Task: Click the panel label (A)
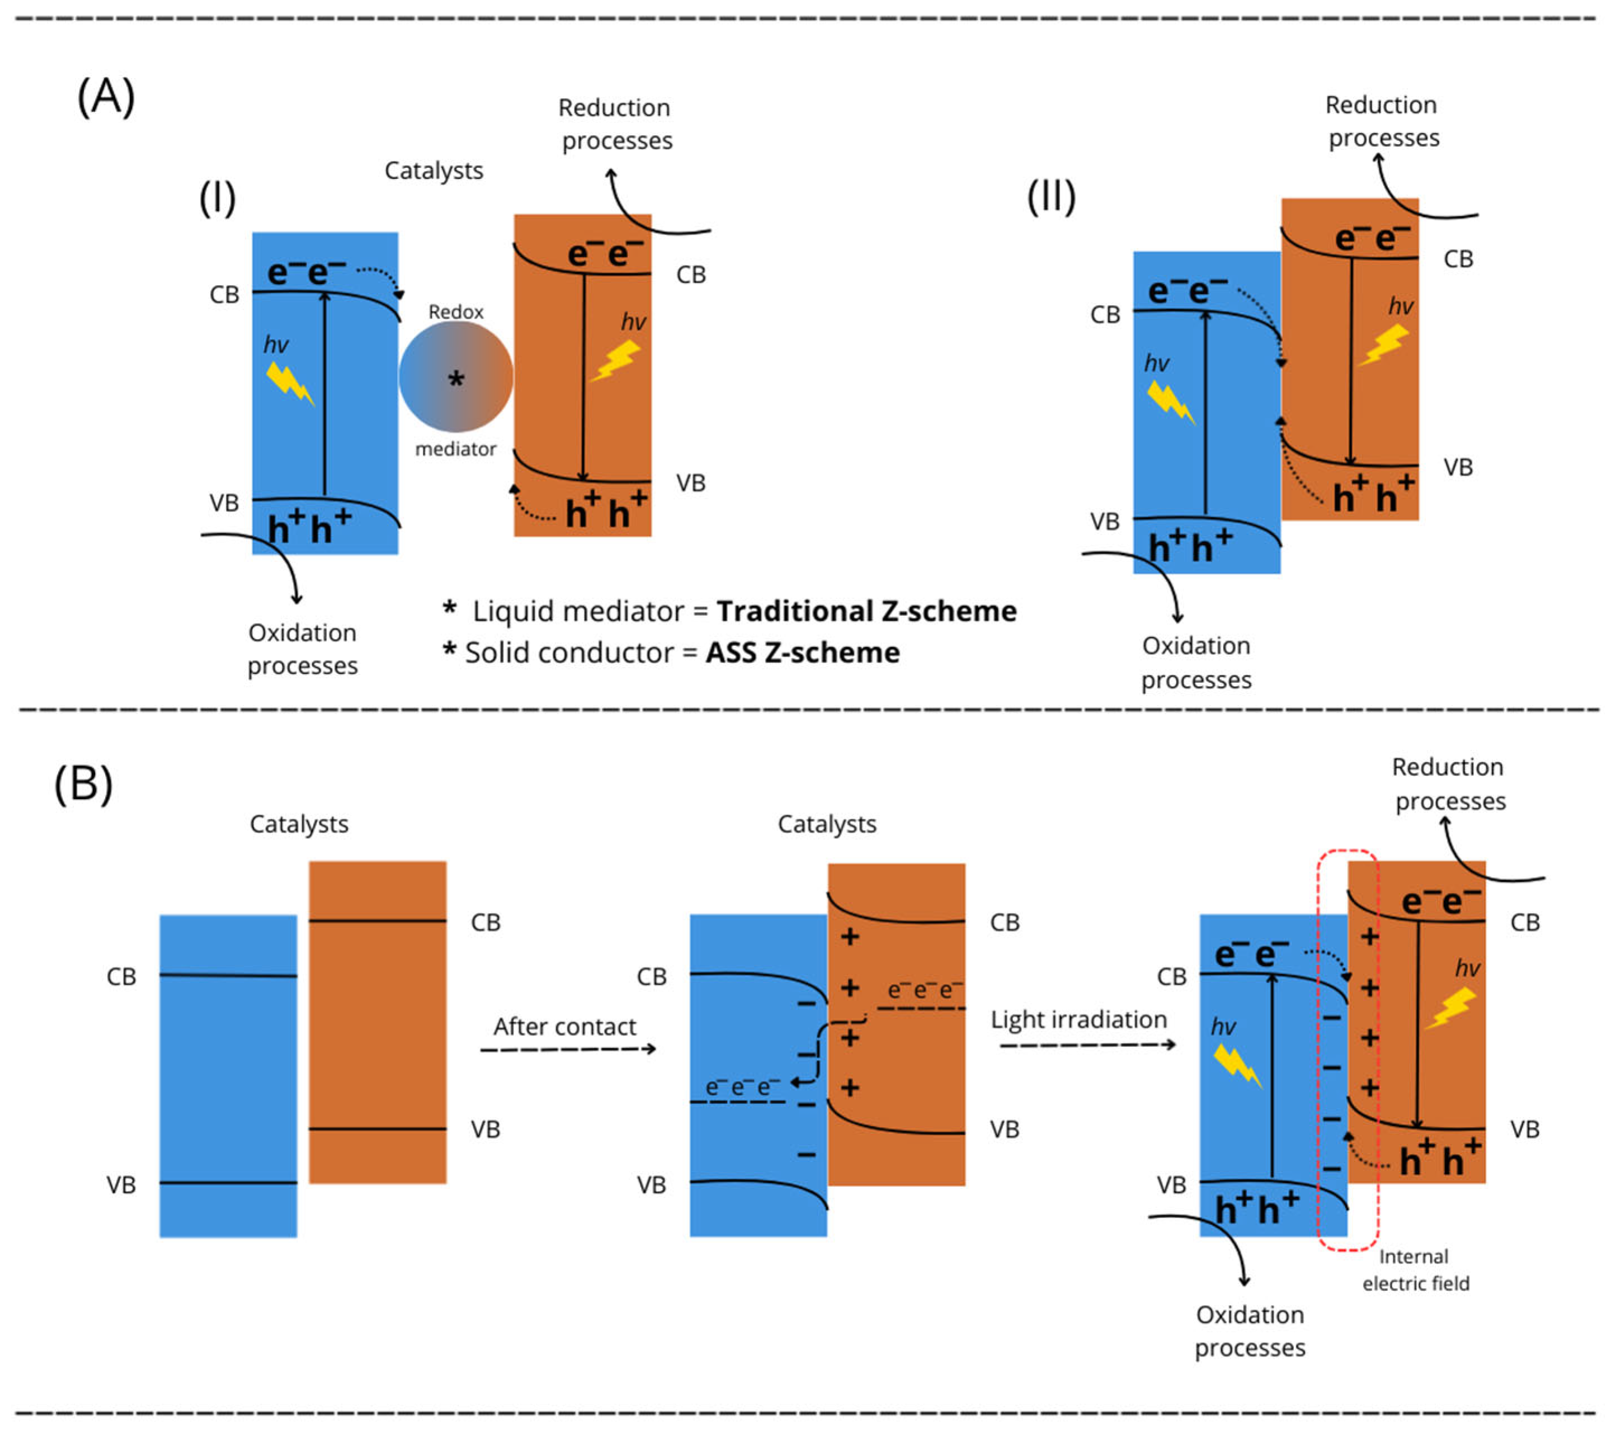pyautogui.click(x=106, y=98)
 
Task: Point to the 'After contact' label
pyautogui.click(x=564, y=1027)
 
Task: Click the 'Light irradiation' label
pyautogui.click(x=1079, y=1020)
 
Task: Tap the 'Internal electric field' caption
pyautogui.click(x=1415, y=1271)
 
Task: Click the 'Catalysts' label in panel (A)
pyautogui.click(x=434, y=171)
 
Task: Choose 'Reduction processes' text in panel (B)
pyautogui.click(x=1448, y=784)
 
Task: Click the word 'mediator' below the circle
pyautogui.click(x=456, y=450)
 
